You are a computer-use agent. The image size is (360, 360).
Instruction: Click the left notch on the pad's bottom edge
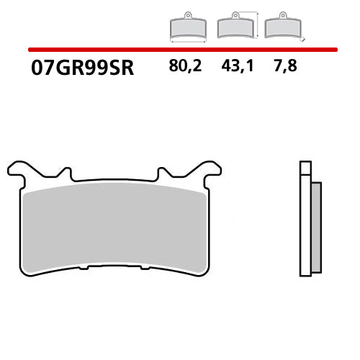tap(83, 268)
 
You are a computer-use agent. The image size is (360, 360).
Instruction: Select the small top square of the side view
tap(305, 168)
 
